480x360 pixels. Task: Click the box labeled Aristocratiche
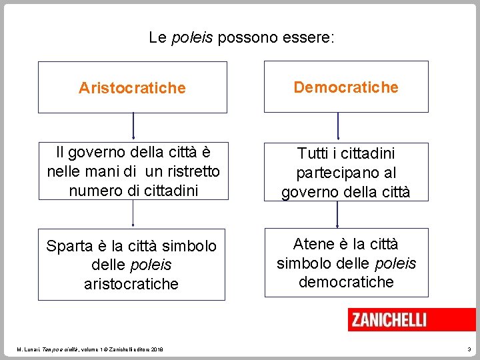click(x=132, y=87)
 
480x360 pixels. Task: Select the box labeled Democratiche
click(x=346, y=87)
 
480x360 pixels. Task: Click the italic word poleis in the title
click(x=192, y=38)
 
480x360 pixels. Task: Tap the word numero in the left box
click(x=92, y=190)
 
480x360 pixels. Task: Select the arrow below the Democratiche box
click(x=338, y=126)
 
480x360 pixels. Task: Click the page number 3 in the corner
click(x=469, y=349)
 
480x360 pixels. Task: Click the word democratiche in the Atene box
click(x=346, y=282)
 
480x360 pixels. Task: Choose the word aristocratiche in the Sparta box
click(x=131, y=284)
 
